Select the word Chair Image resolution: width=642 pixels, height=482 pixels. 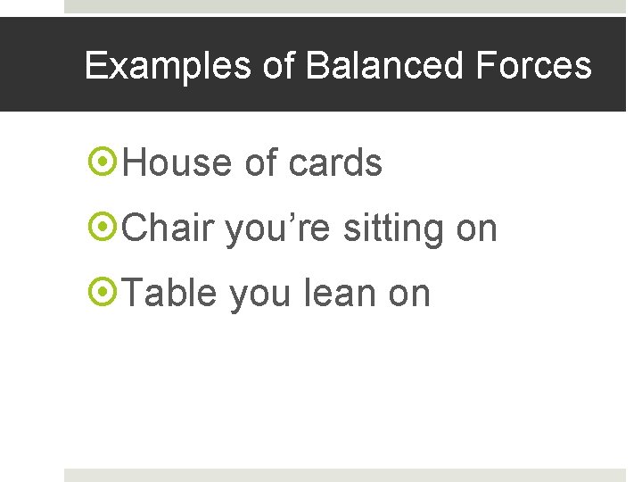[x=169, y=229]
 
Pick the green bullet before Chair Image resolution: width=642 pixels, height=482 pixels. [x=103, y=229]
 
